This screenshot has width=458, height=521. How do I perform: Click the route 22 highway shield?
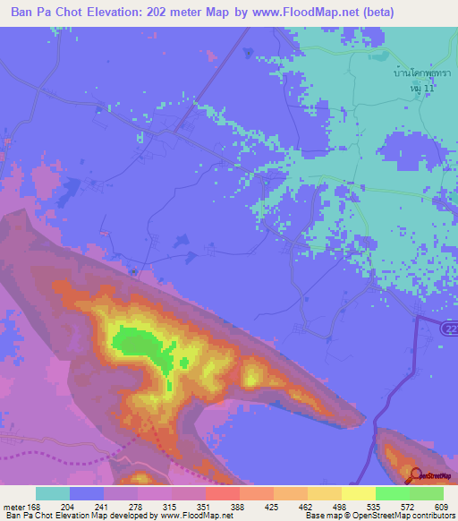point(449,329)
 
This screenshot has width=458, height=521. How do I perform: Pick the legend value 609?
point(437,507)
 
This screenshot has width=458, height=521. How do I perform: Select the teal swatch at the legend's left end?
point(53,493)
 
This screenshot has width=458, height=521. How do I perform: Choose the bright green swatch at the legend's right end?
point(426,493)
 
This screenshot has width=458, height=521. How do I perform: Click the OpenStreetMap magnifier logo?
point(415,475)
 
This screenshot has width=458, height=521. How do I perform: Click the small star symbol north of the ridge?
point(134,272)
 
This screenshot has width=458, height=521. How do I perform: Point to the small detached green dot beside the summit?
point(184,363)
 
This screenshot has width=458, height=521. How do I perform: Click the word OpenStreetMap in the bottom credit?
point(374,516)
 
